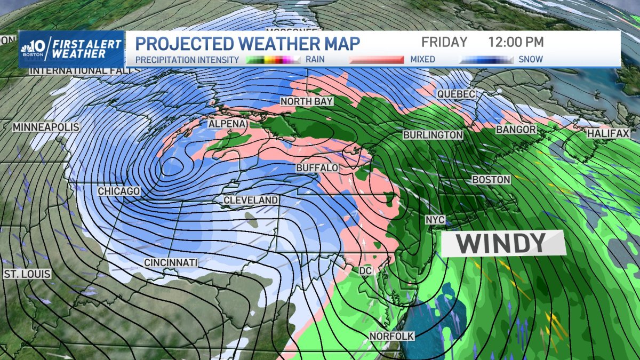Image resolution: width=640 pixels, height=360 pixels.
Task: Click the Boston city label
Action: coord(491,180)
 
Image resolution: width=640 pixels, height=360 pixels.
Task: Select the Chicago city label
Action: coord(119,191)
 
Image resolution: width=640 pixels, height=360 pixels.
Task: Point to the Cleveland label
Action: coord(251,200)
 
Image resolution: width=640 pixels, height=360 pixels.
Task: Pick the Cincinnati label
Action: coord(171,262)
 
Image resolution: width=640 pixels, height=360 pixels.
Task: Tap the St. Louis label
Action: coord(27,274)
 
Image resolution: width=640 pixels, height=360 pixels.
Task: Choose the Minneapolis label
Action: coord(46,127)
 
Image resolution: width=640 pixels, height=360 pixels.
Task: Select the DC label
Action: coord(365,271)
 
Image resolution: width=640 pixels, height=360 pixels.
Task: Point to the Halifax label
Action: coord(609,133)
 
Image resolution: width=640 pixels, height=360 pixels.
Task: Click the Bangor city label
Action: coord(516,130)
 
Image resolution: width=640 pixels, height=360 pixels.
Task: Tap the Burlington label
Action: coord(433,135)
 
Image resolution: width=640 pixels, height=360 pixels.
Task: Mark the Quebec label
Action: coord(456,94)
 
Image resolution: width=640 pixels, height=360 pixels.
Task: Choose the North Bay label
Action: coord(307,101)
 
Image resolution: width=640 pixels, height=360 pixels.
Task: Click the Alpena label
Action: coord(227,124)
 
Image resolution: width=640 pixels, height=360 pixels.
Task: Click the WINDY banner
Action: coord(502,243)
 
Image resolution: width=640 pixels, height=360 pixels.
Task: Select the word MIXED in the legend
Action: coord(422,59)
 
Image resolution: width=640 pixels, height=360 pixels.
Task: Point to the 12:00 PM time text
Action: coord(516,42)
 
